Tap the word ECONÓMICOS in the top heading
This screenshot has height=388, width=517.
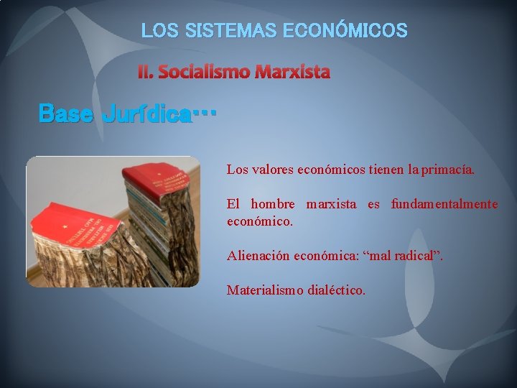pos(345,31)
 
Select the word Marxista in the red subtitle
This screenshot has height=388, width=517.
pos(293,72)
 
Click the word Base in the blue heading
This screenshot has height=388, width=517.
pos(65,113)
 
